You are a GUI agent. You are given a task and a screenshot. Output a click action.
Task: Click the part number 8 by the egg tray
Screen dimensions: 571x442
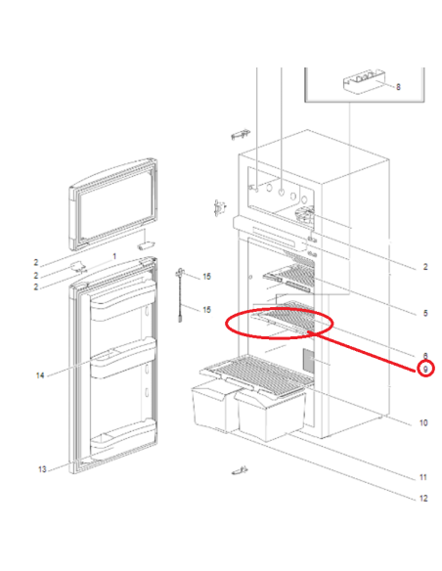coord(399,86)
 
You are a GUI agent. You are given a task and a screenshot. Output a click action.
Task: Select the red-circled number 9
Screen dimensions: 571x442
coord(425,369)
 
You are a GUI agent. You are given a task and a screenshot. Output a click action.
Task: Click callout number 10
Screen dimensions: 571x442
coord(423,422)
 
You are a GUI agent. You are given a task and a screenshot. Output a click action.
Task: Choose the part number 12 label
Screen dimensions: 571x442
coord(423,499)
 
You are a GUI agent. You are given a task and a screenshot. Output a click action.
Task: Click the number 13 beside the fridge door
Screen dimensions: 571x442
coord(42,469)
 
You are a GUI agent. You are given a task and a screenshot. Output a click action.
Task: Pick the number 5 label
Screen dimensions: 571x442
coord(425,313)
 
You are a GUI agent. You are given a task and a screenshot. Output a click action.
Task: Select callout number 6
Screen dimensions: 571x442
coord(425,354)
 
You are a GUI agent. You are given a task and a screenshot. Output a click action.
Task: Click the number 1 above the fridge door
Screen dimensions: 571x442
coord(114,256)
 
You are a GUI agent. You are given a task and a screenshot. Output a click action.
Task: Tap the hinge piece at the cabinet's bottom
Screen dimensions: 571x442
coord(237,474)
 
